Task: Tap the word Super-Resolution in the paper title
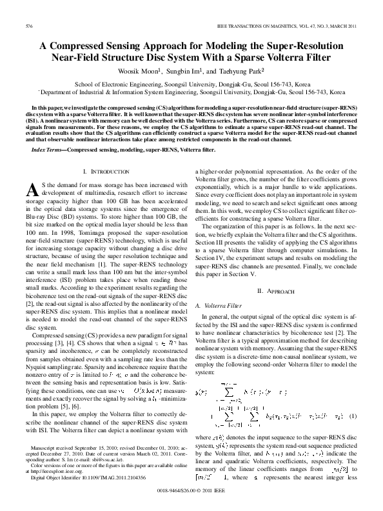point(298,46)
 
